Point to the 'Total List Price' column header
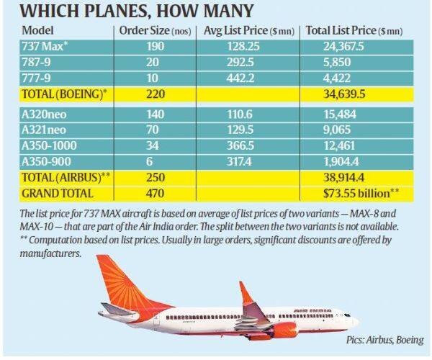click(x=354, y=31)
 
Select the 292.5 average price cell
click(x=232, y=63)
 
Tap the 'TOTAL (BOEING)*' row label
click(x=62, y=94)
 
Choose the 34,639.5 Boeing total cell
click(x=353, y=94)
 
